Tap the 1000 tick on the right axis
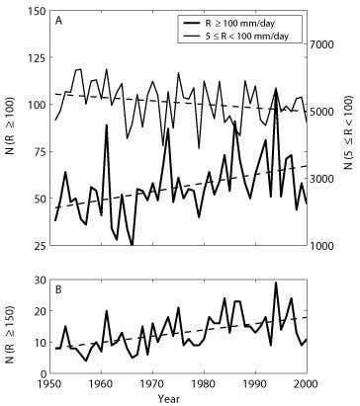(x=325, y=245)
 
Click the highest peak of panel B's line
(x=276, y=284)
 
